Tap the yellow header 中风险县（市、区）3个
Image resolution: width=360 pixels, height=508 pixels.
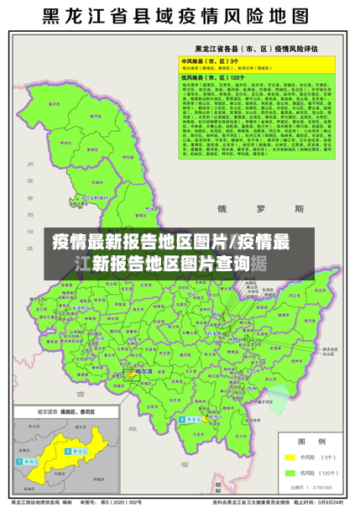pyautogui.click(x=211, y=61)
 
